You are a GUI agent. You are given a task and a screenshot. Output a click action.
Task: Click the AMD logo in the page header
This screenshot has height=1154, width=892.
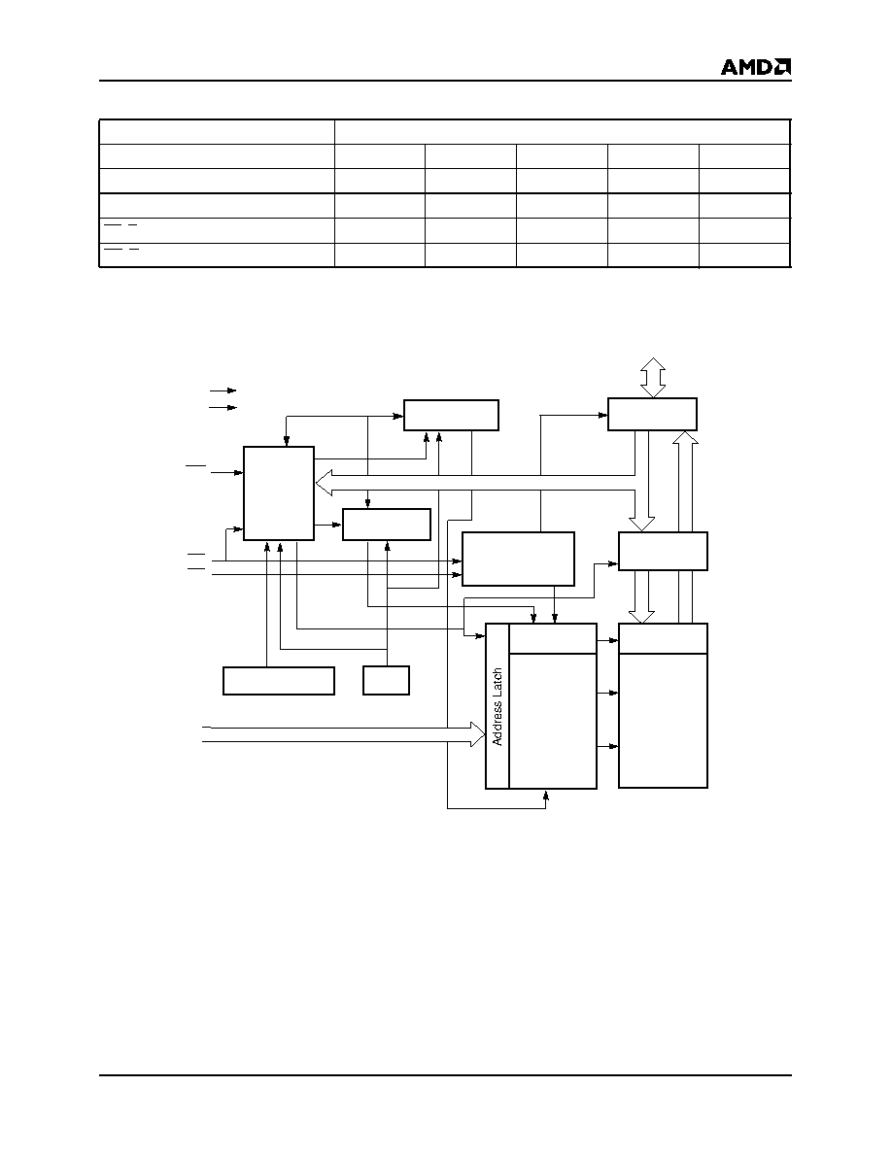coord(756,67)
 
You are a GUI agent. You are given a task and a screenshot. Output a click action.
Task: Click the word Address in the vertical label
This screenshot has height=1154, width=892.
coord(497,721)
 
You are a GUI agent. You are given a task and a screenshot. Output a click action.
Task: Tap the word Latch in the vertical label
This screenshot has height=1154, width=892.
coord(497,681)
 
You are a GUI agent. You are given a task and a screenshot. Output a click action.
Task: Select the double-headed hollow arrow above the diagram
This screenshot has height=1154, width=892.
coord(653,378)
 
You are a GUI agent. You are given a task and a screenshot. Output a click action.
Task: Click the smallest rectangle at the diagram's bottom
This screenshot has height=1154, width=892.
coord(387,681)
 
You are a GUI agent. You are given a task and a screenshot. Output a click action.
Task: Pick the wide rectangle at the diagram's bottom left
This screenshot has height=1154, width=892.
coord(279,681)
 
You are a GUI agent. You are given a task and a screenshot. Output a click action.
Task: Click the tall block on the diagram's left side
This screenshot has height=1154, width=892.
coord(279,493)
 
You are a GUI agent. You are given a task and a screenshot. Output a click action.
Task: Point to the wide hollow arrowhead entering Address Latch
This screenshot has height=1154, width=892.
coord(478,733)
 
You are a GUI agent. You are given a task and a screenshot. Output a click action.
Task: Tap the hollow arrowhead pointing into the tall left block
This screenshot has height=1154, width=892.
coord(324,483)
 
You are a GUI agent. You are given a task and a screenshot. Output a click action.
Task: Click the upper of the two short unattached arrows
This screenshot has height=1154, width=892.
coord(223,390)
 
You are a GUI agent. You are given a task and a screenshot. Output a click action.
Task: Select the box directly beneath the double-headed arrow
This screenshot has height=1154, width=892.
coord(653,415)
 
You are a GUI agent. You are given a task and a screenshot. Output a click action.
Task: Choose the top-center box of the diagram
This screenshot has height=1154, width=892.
coord(451,415)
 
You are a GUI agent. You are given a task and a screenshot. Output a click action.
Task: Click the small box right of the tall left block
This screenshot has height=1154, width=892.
coord(387,525)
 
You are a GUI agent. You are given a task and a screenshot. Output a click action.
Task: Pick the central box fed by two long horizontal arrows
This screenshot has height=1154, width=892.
coord(518,560)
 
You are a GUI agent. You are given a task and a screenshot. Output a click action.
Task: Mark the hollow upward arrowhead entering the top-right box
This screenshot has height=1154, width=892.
coord(686,439)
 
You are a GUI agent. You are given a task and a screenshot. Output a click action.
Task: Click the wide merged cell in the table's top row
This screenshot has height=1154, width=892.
coord(563,132)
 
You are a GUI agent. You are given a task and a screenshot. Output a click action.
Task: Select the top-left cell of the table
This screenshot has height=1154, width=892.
coord(217,132)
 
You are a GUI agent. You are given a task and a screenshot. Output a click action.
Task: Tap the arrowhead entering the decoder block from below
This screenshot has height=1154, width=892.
coord(546,795)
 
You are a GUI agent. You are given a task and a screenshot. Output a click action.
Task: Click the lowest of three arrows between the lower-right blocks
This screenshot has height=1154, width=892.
coord(608,747)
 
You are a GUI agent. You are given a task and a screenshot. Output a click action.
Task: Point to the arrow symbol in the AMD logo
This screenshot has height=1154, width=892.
coord(783,67)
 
